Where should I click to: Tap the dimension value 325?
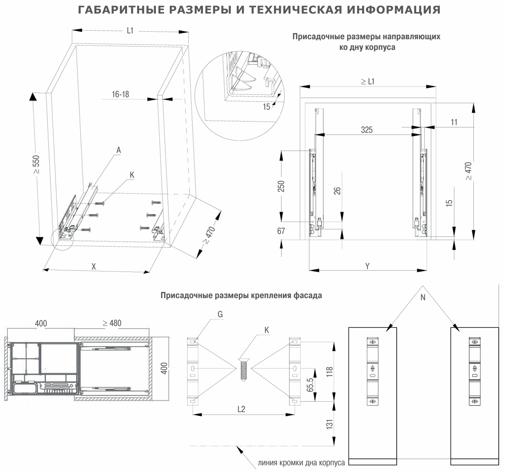tap(367, 129)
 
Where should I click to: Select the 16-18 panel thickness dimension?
tap(120, 94)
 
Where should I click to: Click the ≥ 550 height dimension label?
tap(36, 165)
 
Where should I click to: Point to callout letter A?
tap(119, 150)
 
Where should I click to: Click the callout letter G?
tap(220, 314)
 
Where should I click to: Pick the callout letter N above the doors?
tap(423, 297)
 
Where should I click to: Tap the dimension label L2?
tap(241, 409)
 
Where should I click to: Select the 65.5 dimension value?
tap(310, 385)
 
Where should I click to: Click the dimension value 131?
tap(330, 424)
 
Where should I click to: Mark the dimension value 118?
tap(330, 372)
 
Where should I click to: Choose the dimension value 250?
tap(281, 186)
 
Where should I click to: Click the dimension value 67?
tap(281, 231)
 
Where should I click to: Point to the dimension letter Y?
tap(367, 266)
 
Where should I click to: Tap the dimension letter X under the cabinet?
tap(94, 267)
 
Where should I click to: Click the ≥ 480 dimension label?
tap(112, 323)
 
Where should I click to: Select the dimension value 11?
tap(454, 122)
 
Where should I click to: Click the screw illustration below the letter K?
tap(242, 370)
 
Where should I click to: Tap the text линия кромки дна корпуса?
tap(301, 463)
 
